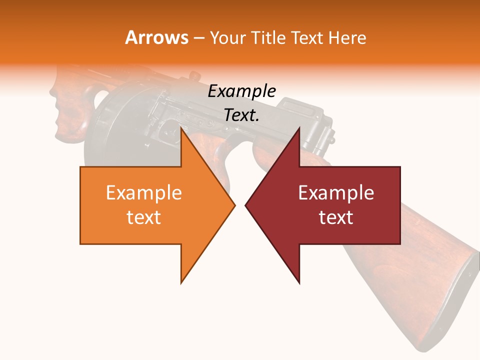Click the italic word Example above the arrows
pos(241,91)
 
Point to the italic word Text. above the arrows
pos(241,115)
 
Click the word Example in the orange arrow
pos(144,193)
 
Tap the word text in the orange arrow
pos(144,217)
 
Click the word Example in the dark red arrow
pos(336,193)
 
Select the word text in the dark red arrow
pos(336,217)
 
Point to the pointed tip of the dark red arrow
pos(246,205)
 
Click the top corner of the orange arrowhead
pos(181,128)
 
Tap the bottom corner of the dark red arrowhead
pos(299,282)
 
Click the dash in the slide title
pos(198,38)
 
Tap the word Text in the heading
pos(308,38)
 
